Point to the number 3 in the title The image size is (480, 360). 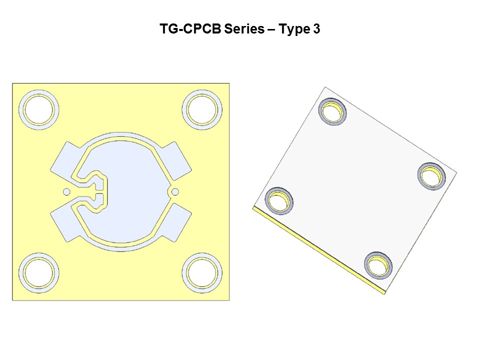coord(316,29)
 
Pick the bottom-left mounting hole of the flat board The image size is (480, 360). coord(38,273)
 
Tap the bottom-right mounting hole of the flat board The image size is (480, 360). coord(202,273)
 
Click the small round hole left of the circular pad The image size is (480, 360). coord(66,191)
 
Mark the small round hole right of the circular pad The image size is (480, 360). coord(175,191)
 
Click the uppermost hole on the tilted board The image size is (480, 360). coord(332,111)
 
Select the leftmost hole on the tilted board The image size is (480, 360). coord(278,200)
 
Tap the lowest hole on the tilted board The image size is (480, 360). coord(378,265)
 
